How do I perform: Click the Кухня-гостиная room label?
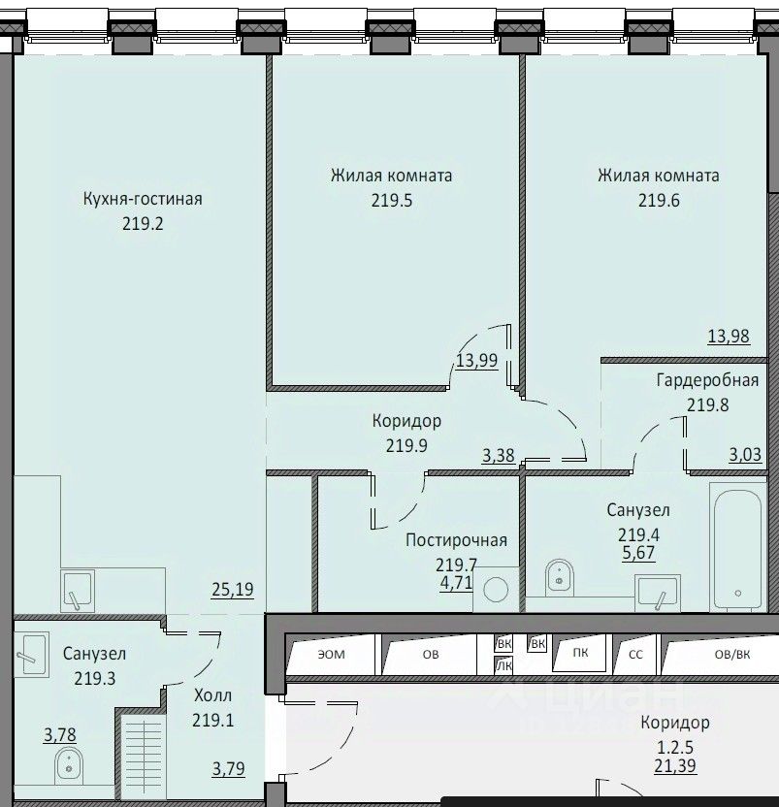click(x=143, y=199)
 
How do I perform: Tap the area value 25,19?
click(x=233, y=590)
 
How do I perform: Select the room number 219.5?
click(x=392, y=200)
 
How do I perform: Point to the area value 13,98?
click(x=729, y=336)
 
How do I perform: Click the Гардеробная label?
click(x=707, y=380)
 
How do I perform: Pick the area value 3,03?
click(x=745, y=455)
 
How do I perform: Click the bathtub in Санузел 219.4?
click(x=738, y=547)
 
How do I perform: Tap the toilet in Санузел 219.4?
click(x=560, y=577)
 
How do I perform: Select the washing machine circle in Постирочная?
click(x=497, y=590)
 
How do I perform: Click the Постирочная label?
click(x=456, y=540)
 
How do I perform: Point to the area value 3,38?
click(x=499, y=455)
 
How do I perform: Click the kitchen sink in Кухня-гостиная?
click(x=78, y=591)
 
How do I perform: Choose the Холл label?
click(x=212, y=695)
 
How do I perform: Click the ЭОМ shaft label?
click(x=331, y=654)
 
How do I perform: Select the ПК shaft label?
click(x=580, y=652)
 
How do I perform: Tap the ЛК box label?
click(x=503, y=666)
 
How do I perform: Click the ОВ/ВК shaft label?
click(x=732, y=654)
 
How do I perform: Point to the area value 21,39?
click(x=675, y=766)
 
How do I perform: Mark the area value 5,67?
click(x=638, y=553)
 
